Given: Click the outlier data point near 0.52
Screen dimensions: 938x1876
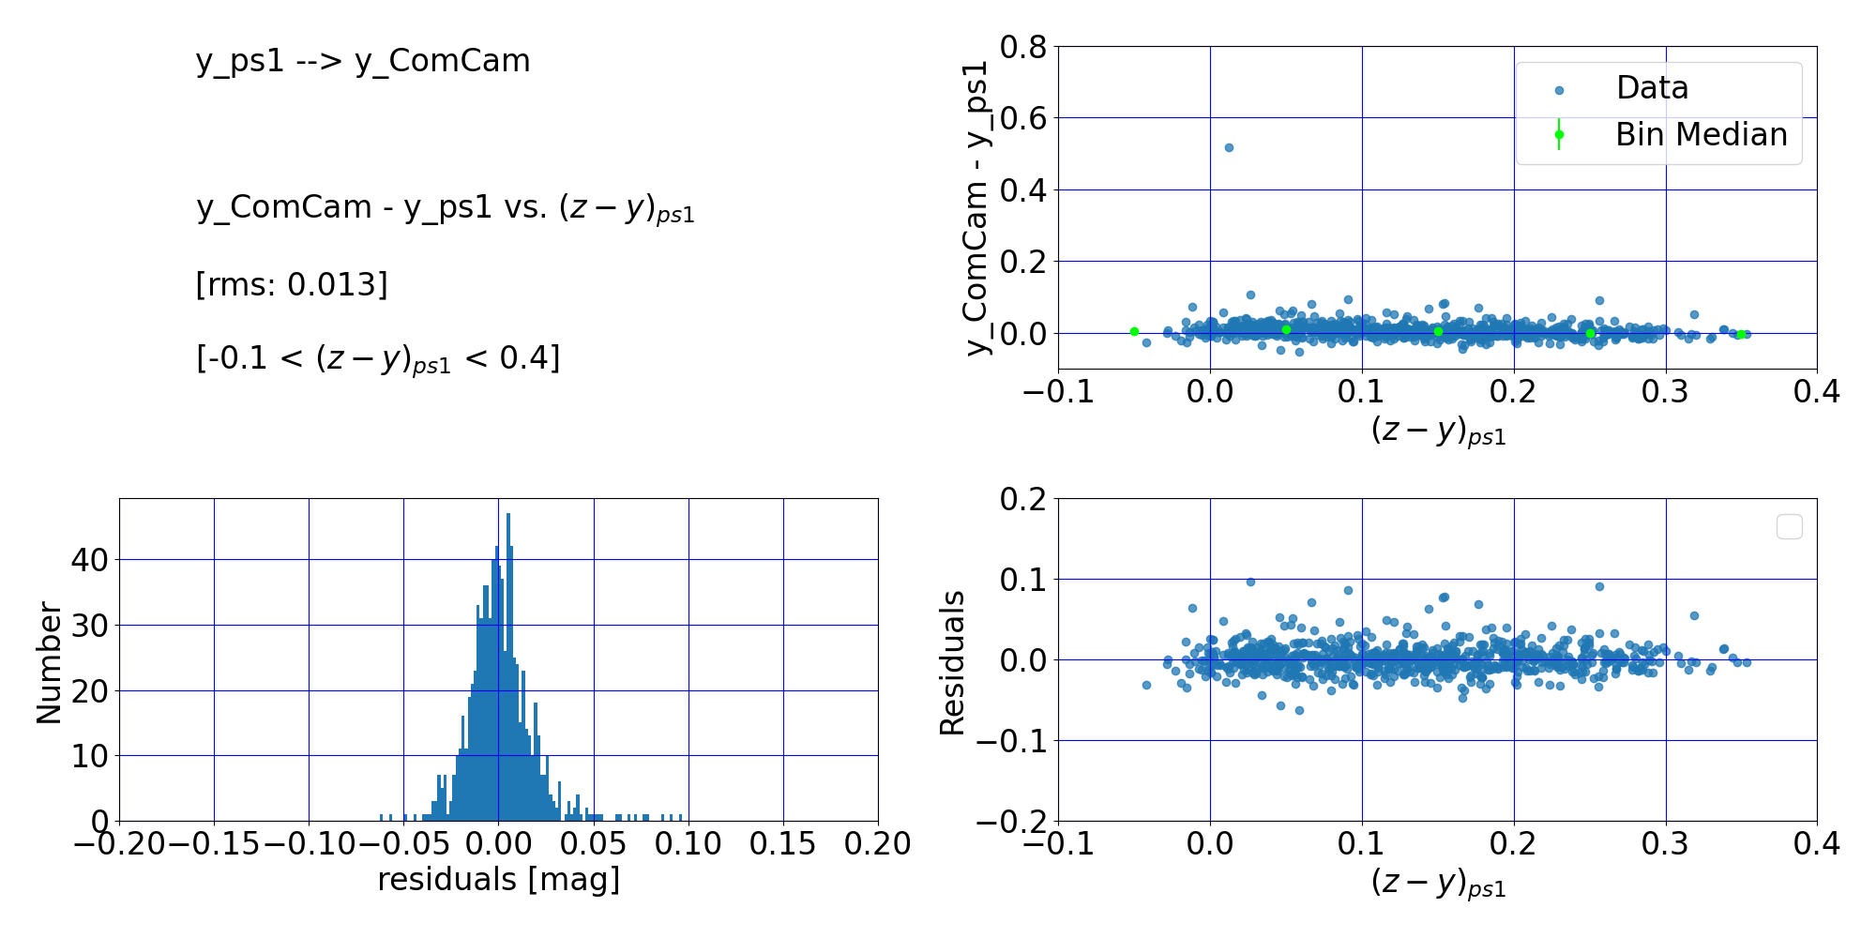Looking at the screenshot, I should [1229, 147].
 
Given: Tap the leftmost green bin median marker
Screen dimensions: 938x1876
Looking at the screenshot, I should [1134, 331].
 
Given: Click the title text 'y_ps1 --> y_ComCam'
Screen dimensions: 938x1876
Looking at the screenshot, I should [363, 61].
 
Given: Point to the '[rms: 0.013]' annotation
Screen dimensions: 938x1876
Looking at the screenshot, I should [291, 284].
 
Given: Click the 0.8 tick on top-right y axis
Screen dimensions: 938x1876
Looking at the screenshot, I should [1023, 47].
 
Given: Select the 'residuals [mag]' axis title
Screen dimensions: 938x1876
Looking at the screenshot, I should [498, 880].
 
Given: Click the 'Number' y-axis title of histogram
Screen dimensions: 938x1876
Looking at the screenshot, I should [49, 662].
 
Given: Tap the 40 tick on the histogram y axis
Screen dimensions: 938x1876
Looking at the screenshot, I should [89, 560].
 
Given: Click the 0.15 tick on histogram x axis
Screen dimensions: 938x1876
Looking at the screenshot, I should [782, 844].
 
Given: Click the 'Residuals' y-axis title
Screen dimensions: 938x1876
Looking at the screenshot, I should [952, 662].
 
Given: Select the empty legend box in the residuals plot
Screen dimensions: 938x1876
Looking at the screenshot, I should [1789, 527].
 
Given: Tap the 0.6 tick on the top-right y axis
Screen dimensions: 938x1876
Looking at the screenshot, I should [1023, 118].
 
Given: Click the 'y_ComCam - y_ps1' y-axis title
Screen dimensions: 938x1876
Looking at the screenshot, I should [978, 208].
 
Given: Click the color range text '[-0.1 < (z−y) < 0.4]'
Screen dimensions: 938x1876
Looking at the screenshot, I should [377, 358].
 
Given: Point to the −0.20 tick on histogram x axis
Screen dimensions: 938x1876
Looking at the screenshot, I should [119, 844].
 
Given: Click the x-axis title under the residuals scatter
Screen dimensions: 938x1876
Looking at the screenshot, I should [1438, 884].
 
